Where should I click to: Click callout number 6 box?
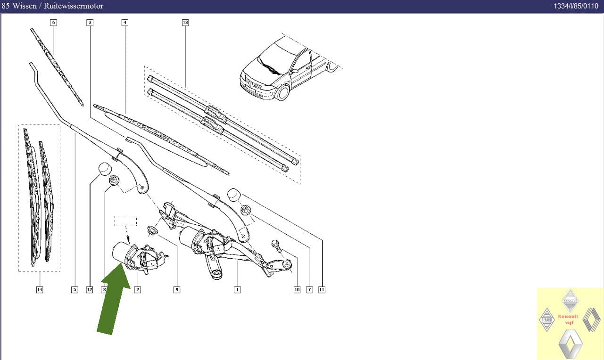point(53,23)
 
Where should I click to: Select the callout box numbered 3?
point(90,23)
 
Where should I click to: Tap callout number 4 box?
point(124,23)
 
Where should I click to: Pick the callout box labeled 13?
point(185,23)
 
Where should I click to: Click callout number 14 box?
point(40,290)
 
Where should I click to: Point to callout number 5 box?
point(74,290)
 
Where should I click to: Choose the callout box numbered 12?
point(90,290)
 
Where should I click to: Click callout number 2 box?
point(138,290)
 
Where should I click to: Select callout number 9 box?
point(177,290)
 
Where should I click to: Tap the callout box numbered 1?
point(237,290)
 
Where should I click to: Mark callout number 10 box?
point(297,290)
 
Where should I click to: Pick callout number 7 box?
point(309,290)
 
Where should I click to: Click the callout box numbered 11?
point(322,290)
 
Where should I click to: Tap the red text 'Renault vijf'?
point(568,319)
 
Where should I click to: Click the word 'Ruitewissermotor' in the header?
point(74,6)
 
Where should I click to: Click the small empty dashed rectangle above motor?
point(126,221)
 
